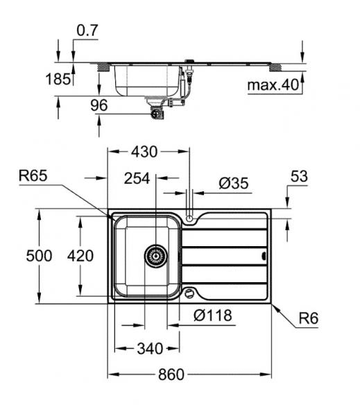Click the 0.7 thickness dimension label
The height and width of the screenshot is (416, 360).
(88, 30)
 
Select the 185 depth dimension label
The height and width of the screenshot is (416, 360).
(60, 79)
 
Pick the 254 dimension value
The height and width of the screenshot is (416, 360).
(137, 178)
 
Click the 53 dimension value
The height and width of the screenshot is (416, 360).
(298, 177)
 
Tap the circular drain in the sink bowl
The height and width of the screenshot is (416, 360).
(156, 255)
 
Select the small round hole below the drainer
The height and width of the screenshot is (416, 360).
(189, 293)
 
